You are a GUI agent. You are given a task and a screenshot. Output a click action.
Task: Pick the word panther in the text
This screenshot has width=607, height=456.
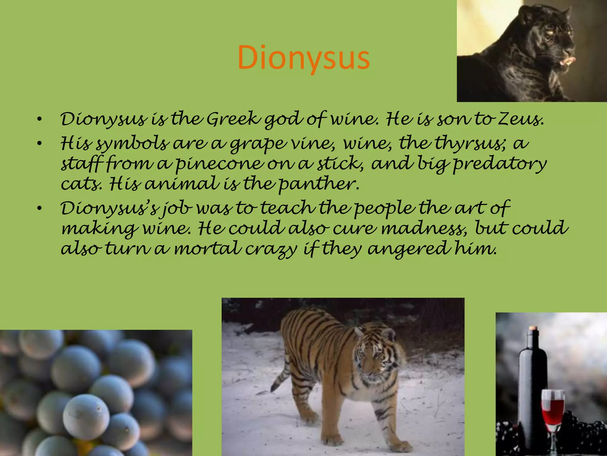click(x=319, y=184)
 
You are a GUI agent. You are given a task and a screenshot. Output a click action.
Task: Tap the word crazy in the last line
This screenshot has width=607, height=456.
click(x=271, y=249)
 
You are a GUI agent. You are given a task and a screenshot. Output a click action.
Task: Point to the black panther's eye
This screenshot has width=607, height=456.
click(x=550, y=32)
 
